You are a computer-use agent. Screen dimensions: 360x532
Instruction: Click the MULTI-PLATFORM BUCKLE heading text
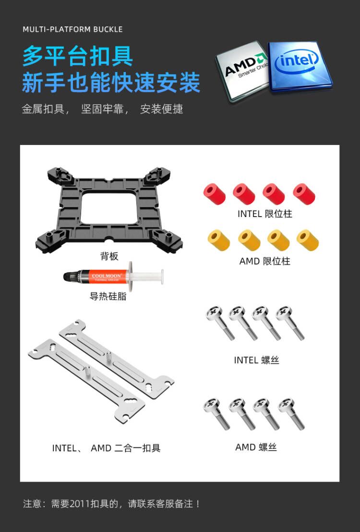pos(72,29)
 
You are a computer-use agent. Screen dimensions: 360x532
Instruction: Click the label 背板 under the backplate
pos(109,256)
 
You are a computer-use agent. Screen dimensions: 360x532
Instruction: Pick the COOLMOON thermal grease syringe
pos(113,276)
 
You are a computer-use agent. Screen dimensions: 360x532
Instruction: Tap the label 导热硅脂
pos(108,296)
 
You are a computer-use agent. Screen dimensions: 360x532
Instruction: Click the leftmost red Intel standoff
pos(215,193)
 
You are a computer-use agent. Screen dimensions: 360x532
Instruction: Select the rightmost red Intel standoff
pos(304,193)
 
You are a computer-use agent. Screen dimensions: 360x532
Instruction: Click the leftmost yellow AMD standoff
pos(219,240)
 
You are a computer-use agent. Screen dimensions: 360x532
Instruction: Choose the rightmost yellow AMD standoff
pos(308,240)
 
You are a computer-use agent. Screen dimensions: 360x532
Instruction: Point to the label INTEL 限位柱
pos(264,214)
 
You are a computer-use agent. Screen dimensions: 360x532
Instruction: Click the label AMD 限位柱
pos(264,261)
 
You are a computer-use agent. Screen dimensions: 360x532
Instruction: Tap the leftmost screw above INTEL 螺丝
pos(220,323)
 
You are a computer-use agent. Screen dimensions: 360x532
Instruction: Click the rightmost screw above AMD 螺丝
pos(291,414)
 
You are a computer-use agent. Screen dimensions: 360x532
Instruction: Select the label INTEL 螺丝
pos(256,360)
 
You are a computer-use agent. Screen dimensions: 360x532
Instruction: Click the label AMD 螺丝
pos(256,447)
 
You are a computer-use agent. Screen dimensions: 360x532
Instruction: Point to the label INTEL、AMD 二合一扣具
pos(106,448)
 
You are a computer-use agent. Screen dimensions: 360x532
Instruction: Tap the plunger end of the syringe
pos(162,276)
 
